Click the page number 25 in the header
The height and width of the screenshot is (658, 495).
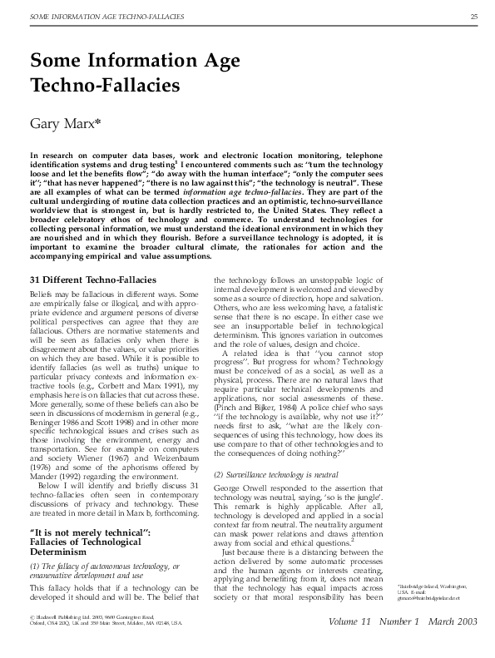[x=473, y=17]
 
